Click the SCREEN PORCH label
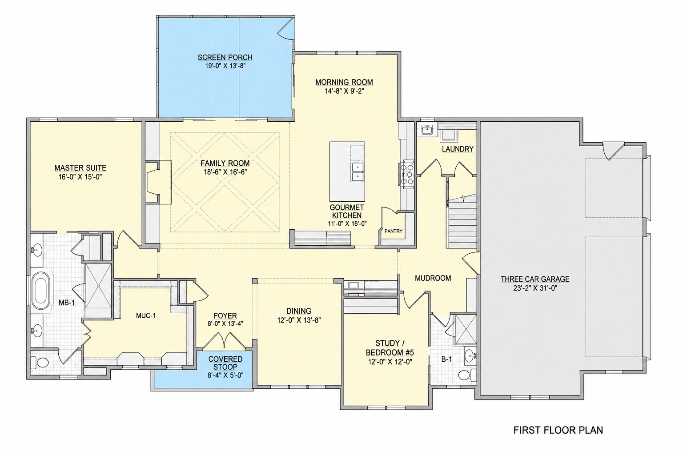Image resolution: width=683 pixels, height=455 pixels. pos(225,57)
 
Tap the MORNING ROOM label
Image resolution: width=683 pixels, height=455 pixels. pos(344,82)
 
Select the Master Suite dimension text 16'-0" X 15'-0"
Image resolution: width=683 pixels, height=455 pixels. pos(80,177)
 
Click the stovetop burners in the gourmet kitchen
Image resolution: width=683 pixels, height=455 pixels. pos(407,174)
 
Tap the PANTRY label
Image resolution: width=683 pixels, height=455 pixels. pos(394,231)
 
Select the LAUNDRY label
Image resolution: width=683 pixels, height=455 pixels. pos(458,149)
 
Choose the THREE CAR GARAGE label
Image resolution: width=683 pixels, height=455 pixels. pos(535,279)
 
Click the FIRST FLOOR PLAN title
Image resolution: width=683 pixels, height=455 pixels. pos(558,430)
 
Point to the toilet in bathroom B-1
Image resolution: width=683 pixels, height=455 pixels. pos(467,374)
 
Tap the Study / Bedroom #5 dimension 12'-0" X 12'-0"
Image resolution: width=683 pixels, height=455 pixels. pos(390,362)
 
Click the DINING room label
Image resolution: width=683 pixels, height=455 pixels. pos(299,311)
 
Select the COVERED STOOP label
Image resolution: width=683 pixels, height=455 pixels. pos(225,363)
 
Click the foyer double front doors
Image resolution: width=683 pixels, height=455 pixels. pos(225,340)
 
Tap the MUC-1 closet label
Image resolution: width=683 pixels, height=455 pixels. pos(146,316)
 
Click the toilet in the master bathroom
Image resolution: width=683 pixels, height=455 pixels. pos(40,363)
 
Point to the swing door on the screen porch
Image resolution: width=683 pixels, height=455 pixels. pos(286,28)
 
